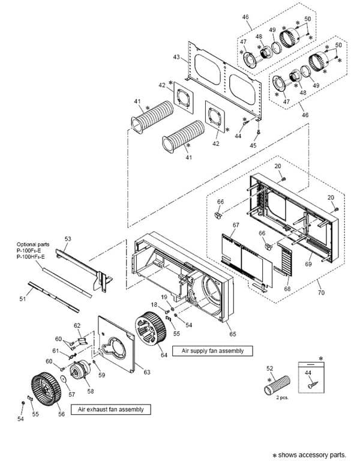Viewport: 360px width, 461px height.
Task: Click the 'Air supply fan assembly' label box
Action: [x=212, y=350]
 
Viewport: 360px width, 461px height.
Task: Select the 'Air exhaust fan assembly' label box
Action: [x=110, y=409]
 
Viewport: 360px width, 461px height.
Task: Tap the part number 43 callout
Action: [x=176, y=56]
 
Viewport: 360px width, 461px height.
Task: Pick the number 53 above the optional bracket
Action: [x=68, y=239]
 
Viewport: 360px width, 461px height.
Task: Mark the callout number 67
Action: [x=236, y=224]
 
